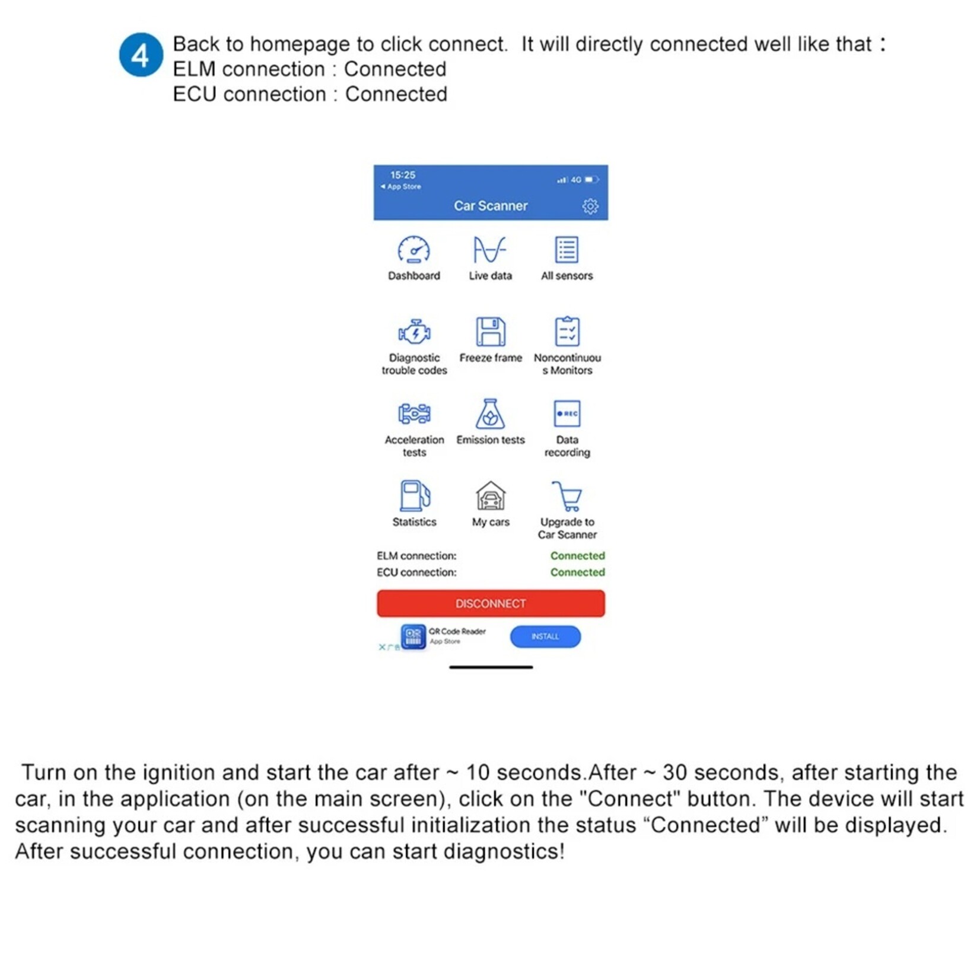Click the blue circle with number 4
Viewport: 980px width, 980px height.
[141, 55]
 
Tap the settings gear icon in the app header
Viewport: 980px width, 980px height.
[590, 206]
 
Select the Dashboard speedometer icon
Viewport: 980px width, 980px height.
[414, 250]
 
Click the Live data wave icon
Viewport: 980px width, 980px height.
[490, 250]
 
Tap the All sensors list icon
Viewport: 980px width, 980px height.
[567, 250]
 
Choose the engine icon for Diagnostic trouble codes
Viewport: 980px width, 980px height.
[414, 332]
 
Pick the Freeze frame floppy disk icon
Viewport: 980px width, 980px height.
[491, 332]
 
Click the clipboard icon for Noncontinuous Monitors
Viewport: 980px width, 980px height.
[567, 332]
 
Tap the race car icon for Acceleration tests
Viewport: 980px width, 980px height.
[414, 413]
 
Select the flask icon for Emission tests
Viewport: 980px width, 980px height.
[491, 413]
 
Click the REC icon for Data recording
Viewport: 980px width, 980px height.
[567, 413]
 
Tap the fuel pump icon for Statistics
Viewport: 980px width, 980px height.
[414, 496]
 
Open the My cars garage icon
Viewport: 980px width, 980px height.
[491, 496]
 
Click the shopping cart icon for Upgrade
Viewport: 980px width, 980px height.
[567, 496]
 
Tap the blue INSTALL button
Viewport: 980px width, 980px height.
[545, 637]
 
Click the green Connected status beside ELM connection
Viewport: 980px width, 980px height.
[577, 556]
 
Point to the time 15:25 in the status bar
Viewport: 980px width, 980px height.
[403, 175]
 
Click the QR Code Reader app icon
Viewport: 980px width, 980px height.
[413, 637]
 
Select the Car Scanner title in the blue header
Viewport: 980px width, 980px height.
[491, 206]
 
